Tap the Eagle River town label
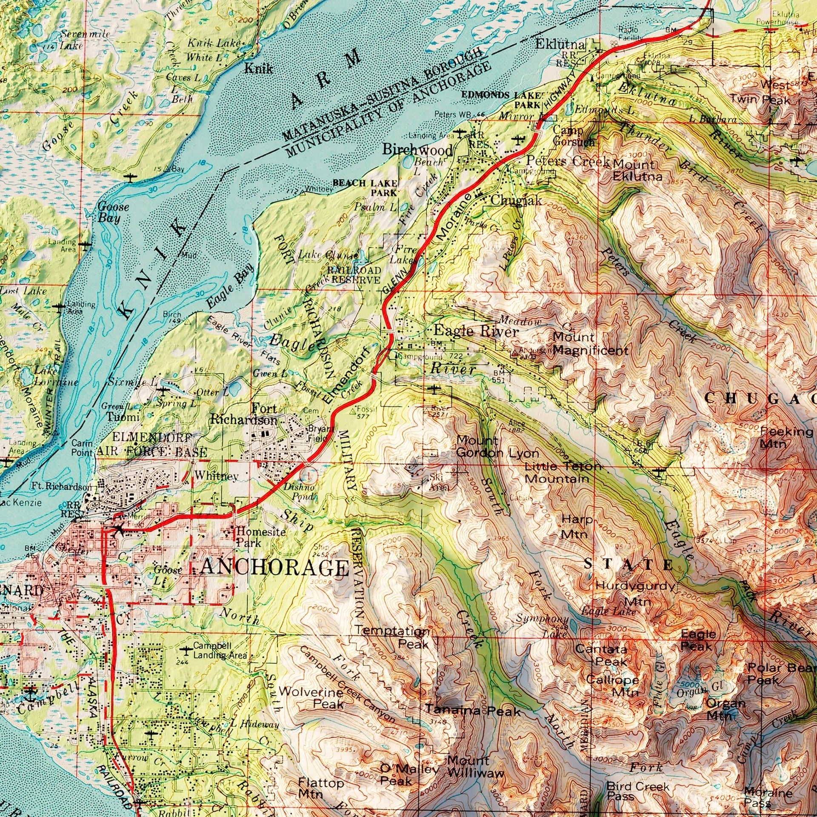click(x=476, y=331)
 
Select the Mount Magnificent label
click(x=590, y=344)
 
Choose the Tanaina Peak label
click(x=473, y=711)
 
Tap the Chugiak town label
click(x=516, y=200)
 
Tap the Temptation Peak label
click(x=392, y=636)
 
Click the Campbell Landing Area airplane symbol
click(x=186, y=650)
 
